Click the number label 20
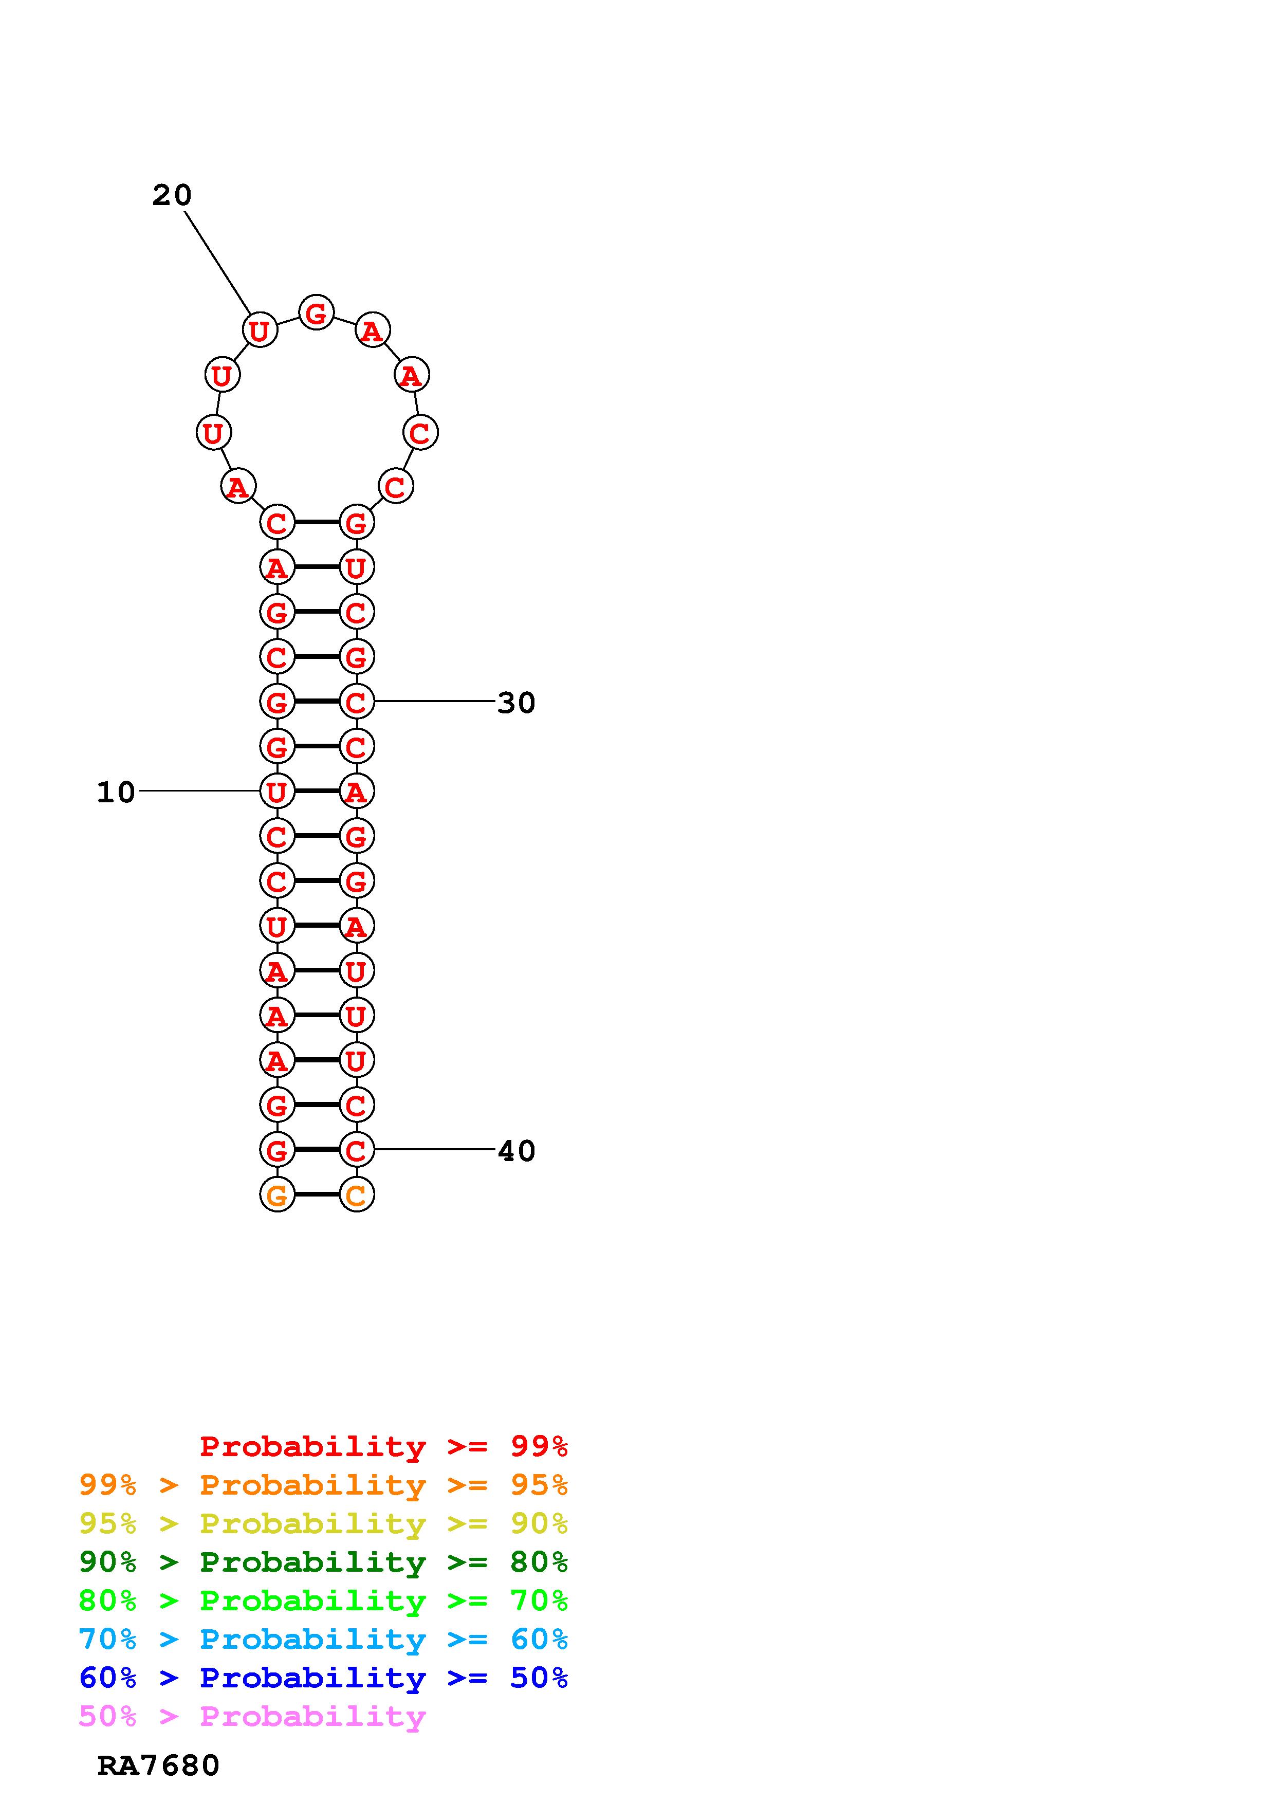[172, 195]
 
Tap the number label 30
[516, 703]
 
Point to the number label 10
[116, 793]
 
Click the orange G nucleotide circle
[277, 1195]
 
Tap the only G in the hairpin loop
[317, 314]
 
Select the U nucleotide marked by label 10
[277, 792]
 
